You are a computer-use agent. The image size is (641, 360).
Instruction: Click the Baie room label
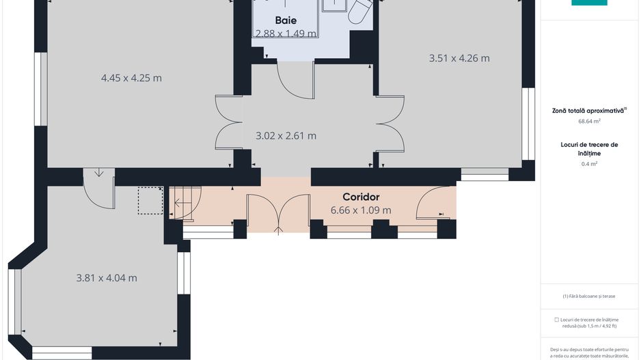[x=286, y=20]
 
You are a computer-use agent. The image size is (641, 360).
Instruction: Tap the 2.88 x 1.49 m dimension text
[x=286, y=33]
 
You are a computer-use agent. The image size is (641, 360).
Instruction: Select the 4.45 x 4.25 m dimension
[x=131, y=78]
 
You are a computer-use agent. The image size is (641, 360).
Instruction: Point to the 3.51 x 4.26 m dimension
[x=459, y=58]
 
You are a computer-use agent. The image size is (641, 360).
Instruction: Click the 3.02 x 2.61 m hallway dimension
[x=286, y=136]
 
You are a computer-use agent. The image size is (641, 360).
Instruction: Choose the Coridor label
[x=361, y=197]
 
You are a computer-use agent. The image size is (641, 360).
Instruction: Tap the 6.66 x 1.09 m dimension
[x=361, y=210]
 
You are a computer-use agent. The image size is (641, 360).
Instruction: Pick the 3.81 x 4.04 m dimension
[x=107, y=278]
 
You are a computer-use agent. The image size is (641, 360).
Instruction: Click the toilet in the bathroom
[x=359, y=11]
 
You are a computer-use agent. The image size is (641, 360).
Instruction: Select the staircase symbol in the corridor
[x=185, y=203]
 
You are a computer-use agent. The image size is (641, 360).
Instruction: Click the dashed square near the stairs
[x=150, y=201]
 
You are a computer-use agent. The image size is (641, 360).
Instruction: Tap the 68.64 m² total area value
[x=589, y=122]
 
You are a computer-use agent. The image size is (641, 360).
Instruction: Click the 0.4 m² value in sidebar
[x=589, y=164]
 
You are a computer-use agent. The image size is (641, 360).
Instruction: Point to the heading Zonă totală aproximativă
[x=589, y=111]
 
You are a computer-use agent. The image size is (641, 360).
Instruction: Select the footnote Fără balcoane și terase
[x=588, y=296]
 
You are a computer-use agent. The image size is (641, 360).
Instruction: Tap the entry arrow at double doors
[x=278, y=230]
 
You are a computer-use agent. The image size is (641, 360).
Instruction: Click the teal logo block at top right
[x=589, y=3]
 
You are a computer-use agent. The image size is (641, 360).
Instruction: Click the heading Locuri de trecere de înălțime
[x=589, y=149]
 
